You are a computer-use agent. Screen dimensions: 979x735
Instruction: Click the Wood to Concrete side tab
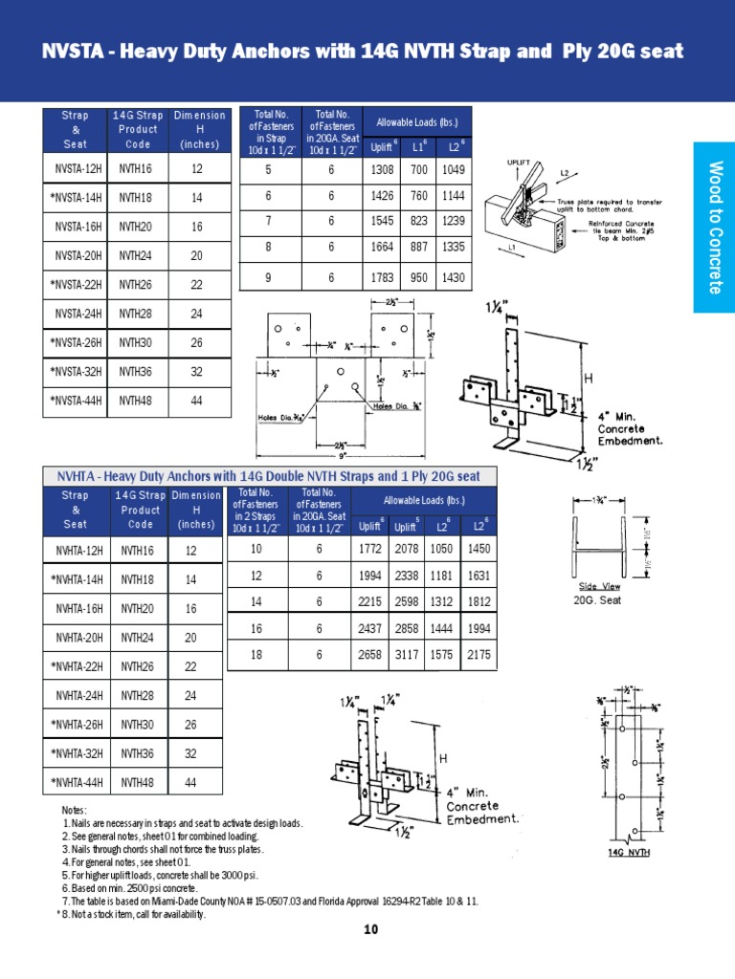713,228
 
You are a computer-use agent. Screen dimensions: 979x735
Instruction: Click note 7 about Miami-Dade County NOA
270,901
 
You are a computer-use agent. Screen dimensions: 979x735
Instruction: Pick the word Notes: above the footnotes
74,810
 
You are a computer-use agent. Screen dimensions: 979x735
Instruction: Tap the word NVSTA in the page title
69,52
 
